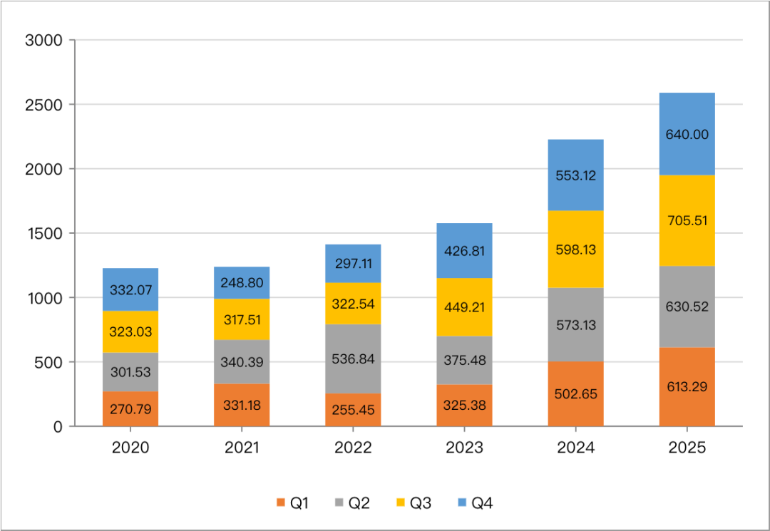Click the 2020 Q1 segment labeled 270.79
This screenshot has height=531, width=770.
point(130,409)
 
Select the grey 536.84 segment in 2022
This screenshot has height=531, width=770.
point(353,359)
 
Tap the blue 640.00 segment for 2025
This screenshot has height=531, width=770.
point(687,134)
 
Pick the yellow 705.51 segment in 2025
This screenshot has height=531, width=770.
point(687,220)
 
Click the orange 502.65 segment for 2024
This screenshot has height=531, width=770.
point(575,393)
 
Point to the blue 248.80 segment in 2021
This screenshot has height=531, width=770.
point(242,283)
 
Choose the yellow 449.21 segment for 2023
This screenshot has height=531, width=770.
point(464,307)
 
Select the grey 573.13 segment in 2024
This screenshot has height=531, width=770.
point(575,325)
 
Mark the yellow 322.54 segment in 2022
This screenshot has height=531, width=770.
point(353,304)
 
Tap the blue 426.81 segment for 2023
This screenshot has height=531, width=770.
point(464,251)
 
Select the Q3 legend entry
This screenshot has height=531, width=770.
point(414,503)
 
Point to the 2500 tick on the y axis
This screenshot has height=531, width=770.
point(44,105)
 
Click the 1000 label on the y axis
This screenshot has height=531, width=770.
point(44,298)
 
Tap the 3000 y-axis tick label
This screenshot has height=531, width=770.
point(44,41)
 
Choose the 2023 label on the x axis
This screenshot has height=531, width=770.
point(464,448)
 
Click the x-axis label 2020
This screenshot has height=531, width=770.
point(130,448)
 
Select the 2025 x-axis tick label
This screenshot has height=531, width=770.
point(687,448)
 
